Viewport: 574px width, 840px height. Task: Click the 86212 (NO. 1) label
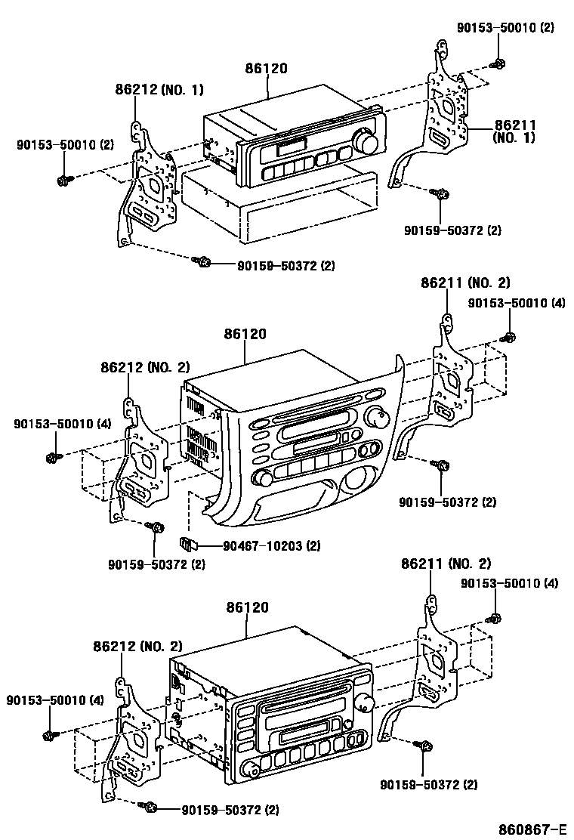click(159, 89)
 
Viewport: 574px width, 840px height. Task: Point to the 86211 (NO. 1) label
click(514, 132)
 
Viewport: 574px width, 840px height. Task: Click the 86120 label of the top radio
click(266, 68)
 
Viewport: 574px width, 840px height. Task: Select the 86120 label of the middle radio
click(245, 334)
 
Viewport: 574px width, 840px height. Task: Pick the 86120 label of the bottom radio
click(247, 607)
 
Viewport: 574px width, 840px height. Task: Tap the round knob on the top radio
click(369, 143)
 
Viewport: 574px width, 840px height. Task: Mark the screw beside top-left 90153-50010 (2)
click(63, 180)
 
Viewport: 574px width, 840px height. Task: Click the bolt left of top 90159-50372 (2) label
click(202, 261)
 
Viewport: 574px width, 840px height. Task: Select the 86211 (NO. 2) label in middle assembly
click(465, 283)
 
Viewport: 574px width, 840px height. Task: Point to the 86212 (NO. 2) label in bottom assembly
click(138, 646)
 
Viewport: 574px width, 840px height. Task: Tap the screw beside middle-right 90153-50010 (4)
click(510, 337)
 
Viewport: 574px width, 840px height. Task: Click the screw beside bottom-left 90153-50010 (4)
click(51, 734)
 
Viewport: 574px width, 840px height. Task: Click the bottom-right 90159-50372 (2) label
click(428, 785)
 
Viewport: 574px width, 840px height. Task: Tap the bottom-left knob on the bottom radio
click(251, 770)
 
